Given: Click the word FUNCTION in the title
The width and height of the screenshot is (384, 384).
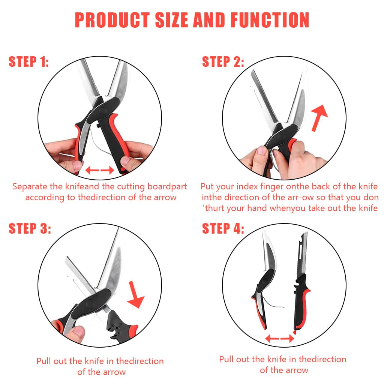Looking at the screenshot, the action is (270, 20).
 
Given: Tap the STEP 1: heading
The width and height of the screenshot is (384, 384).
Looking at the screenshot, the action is (28, 61).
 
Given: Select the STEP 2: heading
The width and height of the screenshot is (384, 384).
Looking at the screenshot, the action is (223, 61).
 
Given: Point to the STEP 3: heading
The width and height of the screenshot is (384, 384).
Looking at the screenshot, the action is (30, 228).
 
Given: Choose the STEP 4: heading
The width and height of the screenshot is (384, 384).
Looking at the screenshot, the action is (223, 228).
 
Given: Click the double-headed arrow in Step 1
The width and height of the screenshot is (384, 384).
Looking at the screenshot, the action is (100, 170).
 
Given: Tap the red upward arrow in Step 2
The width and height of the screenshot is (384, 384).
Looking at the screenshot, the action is (319, 118).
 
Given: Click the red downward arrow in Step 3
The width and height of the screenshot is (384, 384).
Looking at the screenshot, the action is (135, 294).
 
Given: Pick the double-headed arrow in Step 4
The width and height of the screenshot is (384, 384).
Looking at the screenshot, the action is (280, 339).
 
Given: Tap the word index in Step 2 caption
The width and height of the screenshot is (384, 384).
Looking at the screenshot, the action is (247, 187).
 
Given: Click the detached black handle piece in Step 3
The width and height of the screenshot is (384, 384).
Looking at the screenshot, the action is (122, 324).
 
